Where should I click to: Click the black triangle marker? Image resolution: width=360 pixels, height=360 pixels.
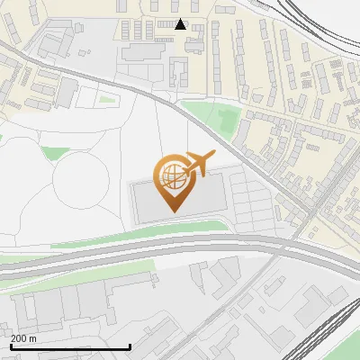click(181, 24)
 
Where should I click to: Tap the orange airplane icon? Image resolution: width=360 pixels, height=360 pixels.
click(200, 163)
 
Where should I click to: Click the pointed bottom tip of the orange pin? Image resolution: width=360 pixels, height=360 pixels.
click(173, 211)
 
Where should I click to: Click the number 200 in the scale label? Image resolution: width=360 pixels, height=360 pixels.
click(19, 338)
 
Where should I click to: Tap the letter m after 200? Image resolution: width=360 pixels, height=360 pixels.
click(33, 338)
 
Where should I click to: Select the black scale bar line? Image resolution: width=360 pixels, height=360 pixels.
click(69, 346)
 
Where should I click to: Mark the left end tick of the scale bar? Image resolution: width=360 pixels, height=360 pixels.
click(10, 346)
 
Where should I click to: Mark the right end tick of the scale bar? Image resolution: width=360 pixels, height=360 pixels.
click(130, 346)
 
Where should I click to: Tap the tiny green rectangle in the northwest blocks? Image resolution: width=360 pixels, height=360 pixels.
click(108, 99)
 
